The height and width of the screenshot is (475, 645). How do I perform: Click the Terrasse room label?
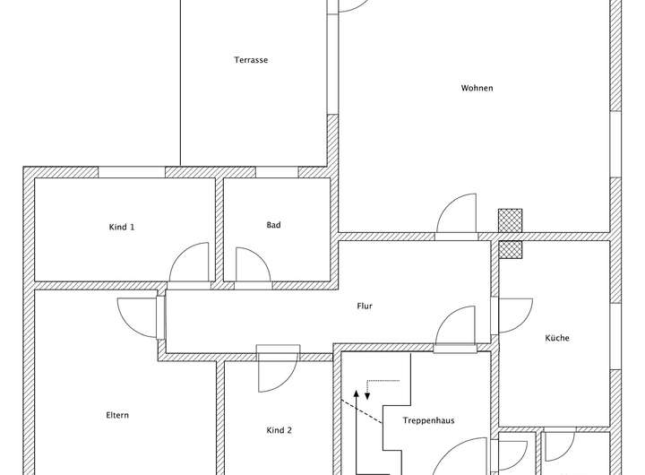tap(252, 61)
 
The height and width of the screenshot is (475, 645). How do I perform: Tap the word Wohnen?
tap(477, 88)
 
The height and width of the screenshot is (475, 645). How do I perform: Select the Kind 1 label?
tap(122, 227)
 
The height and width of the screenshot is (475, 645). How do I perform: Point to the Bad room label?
tap(273, 225)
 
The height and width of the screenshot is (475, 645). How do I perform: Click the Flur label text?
tap(365, 307)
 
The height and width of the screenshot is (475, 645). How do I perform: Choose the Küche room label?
tap(557, 338)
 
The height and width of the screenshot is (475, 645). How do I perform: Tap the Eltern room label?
tap(117, 415)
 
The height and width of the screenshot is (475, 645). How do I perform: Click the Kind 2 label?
tap(279, 430)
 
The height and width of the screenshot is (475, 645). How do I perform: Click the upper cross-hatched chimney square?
tap(510, 220)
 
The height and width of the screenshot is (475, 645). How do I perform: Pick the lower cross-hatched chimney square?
tap(510, 248)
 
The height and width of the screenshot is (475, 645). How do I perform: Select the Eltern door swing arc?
tap(136, 317)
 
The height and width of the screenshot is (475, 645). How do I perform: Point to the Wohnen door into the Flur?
tap(456, 218)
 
